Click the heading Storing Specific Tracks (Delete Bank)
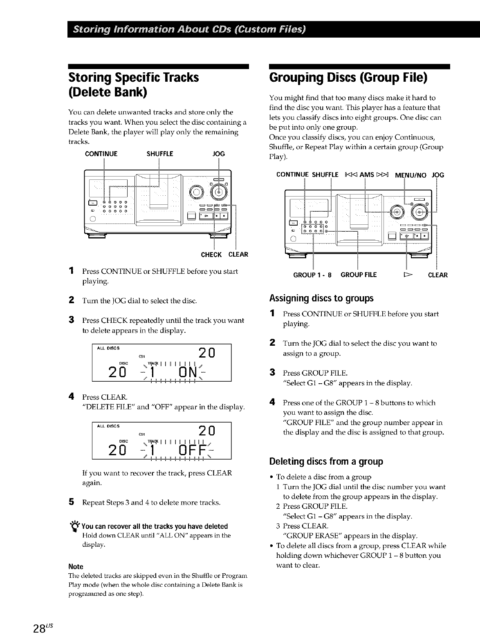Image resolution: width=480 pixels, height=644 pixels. pyautogui.click(x=133, y=85)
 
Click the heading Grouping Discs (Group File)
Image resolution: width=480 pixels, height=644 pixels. pyautogui.click(x=348, y=78)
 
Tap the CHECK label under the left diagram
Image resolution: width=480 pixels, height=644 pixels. pyautogui.click(x=211, y=255)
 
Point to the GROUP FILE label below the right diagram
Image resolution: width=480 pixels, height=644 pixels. pyautogui.click(x=359, y=275)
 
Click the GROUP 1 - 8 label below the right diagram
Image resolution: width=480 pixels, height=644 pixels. pyautogui.click(x=313, y=275)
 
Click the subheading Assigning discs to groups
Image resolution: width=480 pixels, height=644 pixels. pyautogui.click(x=321, y=298)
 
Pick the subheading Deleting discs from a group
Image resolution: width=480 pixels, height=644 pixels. pyautogui.click(x=326, y=462)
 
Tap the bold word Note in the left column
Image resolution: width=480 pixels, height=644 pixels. pyautogui.click(x=76, y=566)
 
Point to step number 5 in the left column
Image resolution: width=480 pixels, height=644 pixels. pyautogui.click(x=71, y=502)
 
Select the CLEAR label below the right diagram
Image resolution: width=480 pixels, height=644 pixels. pyautogui.click(x=437, y=275)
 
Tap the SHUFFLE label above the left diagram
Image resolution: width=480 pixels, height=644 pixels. pyautogui.click(x=160, y=154)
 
